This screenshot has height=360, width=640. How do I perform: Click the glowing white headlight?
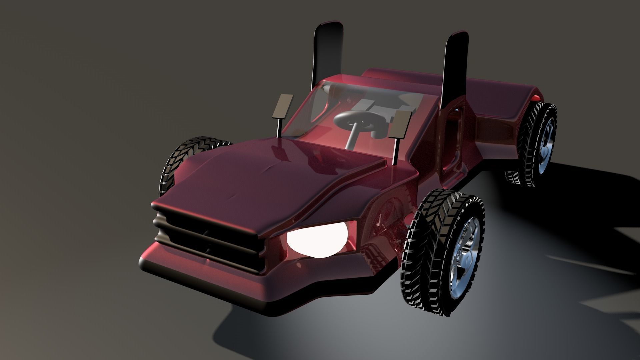pyautogui.click(x=315, y=239)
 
